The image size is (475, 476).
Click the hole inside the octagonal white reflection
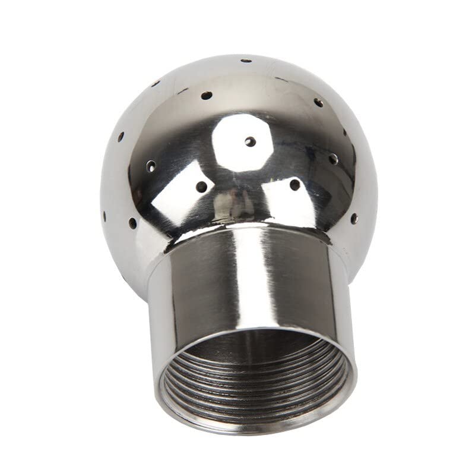coord(251,141)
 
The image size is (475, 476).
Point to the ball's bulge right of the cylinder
coord(362,250)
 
